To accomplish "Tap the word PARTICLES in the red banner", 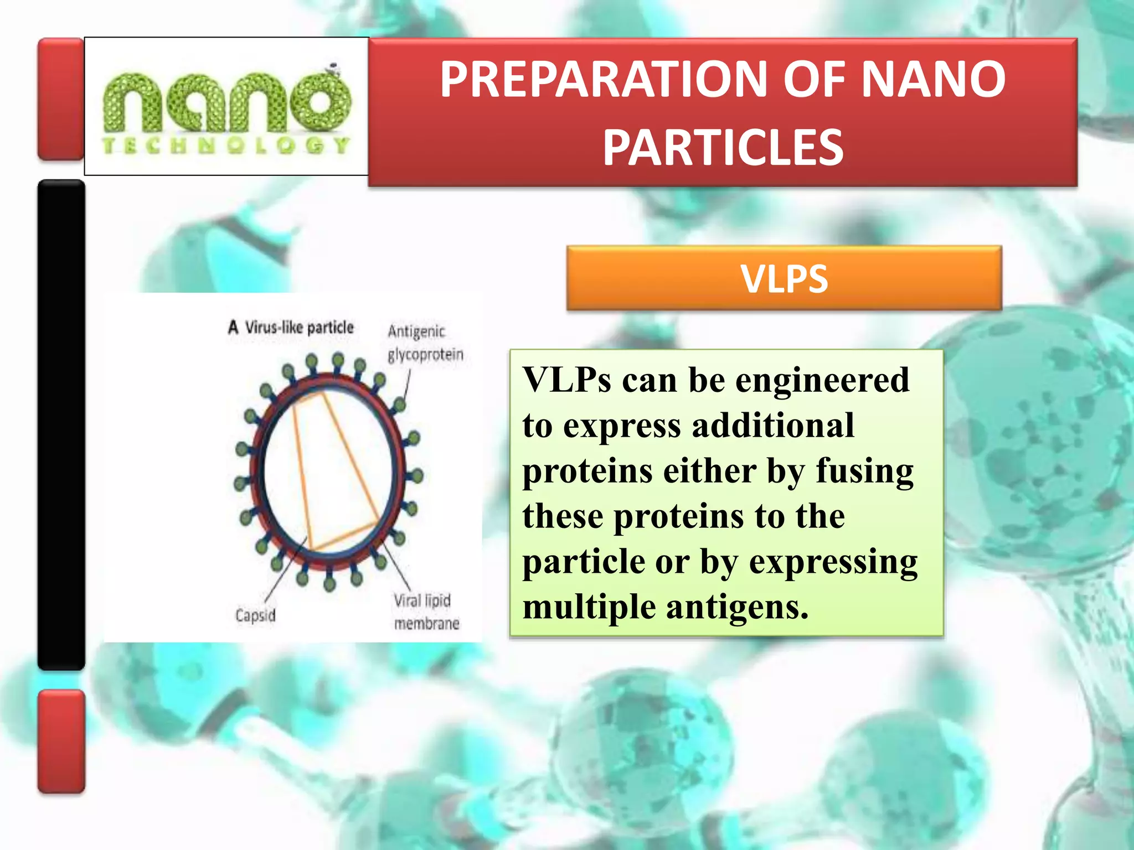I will click(723, 147).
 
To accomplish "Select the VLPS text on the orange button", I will click(784, 279).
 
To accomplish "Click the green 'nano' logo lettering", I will click(226, 102).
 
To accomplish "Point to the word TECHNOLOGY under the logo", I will click(226, 146).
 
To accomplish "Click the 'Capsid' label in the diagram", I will click(255, 615).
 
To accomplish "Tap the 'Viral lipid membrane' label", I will click(426, 612).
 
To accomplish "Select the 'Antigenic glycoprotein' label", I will click(425, 343).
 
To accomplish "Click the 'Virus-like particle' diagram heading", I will click(299, 328).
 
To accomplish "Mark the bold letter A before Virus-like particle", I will click(233, 328).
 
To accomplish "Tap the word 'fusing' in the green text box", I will click(864, 471).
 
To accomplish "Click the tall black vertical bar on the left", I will click(61, 424).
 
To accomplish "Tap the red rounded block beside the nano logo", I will click(60, 99).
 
